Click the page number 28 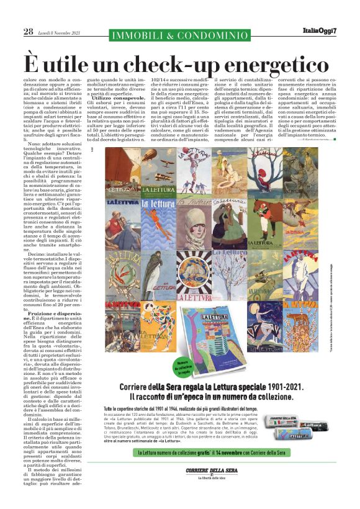click(29, 31)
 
